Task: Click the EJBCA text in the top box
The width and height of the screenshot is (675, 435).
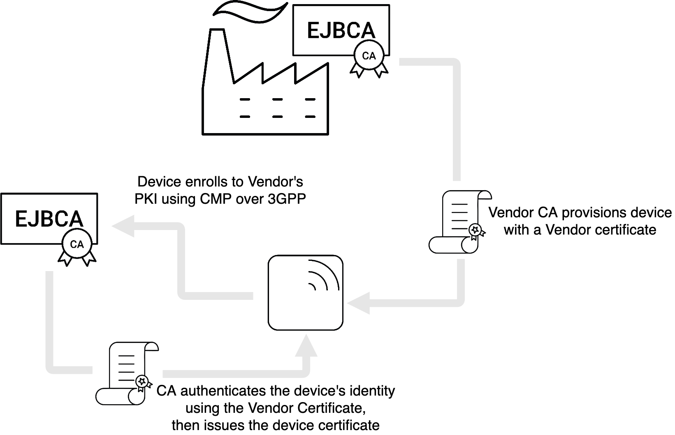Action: tap(341, 31)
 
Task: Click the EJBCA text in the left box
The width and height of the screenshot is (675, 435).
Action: tap(49, 219)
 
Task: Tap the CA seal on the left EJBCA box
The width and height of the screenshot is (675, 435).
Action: tap(77, 245)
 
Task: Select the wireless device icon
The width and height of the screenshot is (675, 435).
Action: tap(305, 292)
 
